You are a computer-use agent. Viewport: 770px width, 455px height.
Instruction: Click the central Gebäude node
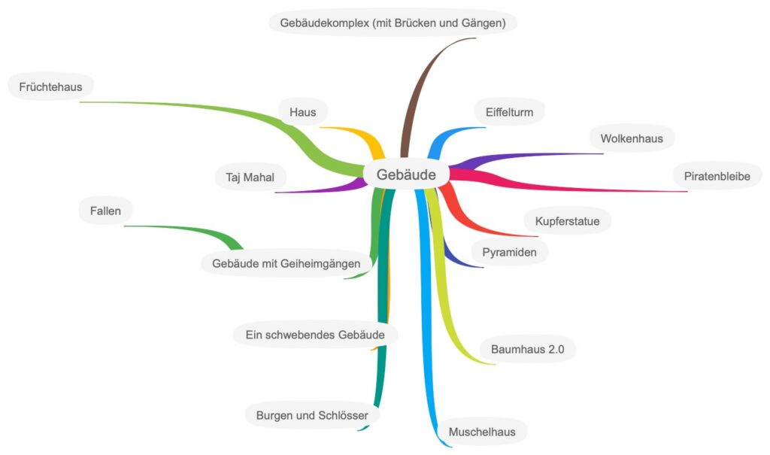pos(406,174)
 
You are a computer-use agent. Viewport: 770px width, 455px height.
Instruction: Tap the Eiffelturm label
pos(509,113)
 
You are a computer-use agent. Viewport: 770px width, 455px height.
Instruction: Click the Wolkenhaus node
pos(632,138)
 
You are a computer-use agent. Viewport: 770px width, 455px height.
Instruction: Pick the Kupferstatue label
pos(567,221)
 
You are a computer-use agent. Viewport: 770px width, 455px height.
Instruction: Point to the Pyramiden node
pos(509,252)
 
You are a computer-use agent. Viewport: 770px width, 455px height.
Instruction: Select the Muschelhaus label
pos(481,432)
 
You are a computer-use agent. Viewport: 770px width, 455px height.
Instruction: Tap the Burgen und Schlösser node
pos(312,414)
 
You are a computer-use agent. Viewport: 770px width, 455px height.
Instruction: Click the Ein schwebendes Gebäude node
pos(315,333)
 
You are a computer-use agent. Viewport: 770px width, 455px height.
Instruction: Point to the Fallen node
pos(105,211)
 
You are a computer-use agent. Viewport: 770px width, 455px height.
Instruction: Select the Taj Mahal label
pos(250,178)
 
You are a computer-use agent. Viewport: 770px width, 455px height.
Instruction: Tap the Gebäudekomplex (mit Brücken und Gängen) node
pos(393,23)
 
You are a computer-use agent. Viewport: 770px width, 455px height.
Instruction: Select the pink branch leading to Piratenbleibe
pos(571,184)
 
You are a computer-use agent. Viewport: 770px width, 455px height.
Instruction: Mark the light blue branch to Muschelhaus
pos(432,338)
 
